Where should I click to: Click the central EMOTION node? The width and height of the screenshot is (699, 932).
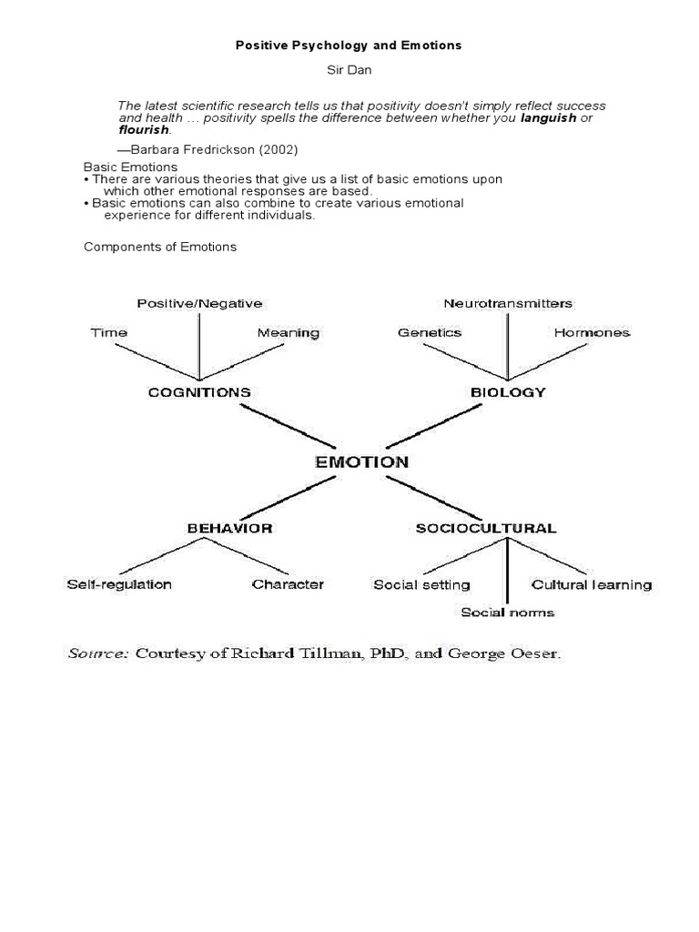pyautogui.click(x=361, y=461)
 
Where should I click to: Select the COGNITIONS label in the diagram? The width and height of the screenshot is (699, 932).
pyautogui.click(x=199, y=392)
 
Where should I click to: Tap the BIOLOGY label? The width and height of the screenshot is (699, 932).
pyautogui.click(x=508, y=392)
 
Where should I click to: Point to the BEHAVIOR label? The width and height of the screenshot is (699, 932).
pyautogui.click(x=229, y=528)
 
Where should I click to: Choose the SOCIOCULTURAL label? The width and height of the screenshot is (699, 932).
pyautogui.click(x=486, y=528)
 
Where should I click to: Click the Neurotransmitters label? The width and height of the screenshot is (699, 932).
pyautogui.click(x=508, y=303)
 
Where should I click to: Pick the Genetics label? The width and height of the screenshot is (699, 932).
pyautogui.click(x=430, y=332)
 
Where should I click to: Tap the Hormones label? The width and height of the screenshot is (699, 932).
pyautogui.click(x=592, y=332)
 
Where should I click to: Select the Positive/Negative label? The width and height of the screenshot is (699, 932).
pyautogui.click(x=199, y=303)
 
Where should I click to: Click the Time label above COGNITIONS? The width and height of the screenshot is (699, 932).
pyautogui.click(x=109, y=332)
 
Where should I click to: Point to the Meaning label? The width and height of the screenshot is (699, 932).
pyautogui.click(x=289, y=332)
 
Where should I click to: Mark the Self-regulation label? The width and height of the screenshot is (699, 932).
pyautogui.click(x=119, y=584)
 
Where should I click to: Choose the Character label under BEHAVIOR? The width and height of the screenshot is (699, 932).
pyautogui.click(x=288, y=584)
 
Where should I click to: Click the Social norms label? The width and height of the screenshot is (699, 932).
pyautogui.click(x=508, y=612)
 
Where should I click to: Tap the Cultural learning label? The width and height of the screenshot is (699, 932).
pyautogui.click(x=592, y=584)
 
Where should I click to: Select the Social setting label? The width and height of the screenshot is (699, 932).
pyautogui.click(x=421, y=584)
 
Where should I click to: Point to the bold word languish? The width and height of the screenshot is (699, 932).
pyautogui.click(x=548, y=118)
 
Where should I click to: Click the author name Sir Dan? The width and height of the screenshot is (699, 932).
pyautogui.click(x=349, y=69)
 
